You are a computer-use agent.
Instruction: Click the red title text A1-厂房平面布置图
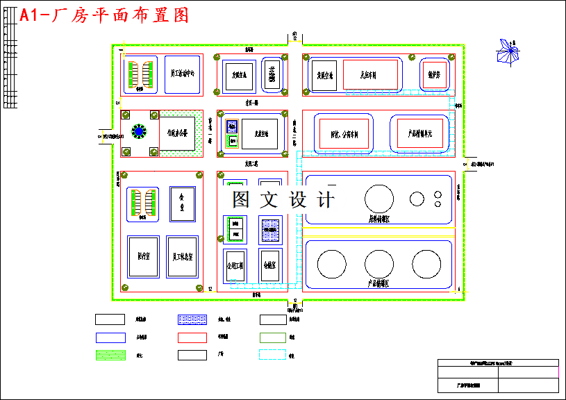104,15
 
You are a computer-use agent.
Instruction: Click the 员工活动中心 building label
183,72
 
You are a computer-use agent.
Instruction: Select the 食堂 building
183,203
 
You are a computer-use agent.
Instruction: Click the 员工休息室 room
183,257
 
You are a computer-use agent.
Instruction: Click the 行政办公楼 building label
176,131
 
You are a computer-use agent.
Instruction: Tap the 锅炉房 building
435,75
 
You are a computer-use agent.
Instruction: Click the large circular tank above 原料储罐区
378,199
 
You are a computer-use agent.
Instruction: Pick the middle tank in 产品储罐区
378,264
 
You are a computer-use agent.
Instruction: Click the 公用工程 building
234,265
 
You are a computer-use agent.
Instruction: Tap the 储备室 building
270,265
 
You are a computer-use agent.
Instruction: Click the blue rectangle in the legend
109,337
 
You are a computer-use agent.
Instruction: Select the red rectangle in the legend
192,337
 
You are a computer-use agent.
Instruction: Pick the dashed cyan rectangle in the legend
273,355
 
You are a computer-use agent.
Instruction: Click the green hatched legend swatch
109,355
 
